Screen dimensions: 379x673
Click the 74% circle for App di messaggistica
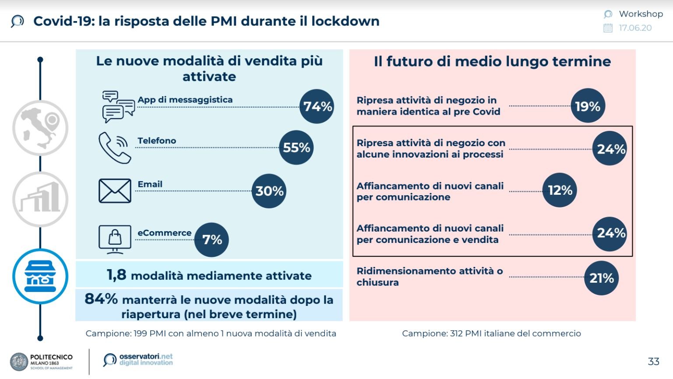coord(317,106)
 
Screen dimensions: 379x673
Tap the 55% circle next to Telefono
coord(296,147)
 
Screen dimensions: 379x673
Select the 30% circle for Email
coord(269,191)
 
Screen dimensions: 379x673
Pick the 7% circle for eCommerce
coord(211,239)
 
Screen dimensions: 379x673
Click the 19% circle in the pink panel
coord(588,106)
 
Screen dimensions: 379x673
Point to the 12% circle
coord(560,190)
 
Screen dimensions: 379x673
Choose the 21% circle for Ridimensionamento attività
coord(601,278)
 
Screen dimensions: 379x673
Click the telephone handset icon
coord(114,147)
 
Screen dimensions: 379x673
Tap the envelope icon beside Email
coord(115,191)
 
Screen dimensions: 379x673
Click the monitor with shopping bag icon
coord(115,239)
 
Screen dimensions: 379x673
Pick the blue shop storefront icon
coord(40,277)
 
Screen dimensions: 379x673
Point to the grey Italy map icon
coord(40,127)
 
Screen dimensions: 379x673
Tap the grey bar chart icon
coord(40,199)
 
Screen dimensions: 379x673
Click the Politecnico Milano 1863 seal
coord(19,362)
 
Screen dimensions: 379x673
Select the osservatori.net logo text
coord(146,359)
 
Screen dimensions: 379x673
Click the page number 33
coord(653,361)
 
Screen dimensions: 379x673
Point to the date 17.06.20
coord(635,28)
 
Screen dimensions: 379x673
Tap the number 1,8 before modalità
coord(116,275)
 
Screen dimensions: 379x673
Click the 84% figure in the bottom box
coord(101,299)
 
